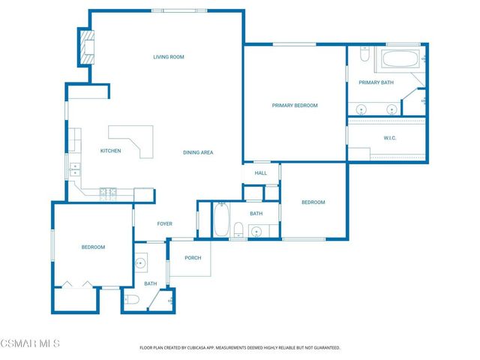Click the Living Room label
tap(169, 57)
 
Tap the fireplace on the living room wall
tap(87, 46)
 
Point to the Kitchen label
tap(111, 151)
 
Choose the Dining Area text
tap(198, 152)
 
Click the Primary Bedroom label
tap(294, 106)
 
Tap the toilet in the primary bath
tap(364, 55)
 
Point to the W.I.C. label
tap(390, 138)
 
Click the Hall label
tap(260, 173)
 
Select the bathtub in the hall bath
tap(221, 220)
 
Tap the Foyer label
tap(164, 223)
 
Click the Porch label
tap(193, 258)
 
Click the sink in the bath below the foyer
tap(141, 262)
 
